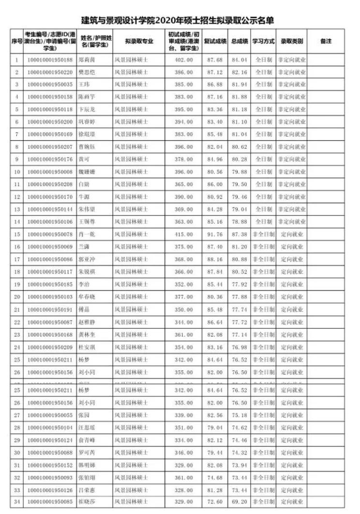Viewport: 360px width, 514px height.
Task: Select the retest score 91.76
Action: (214, 234)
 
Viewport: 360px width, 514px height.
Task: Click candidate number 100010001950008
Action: (50, 172)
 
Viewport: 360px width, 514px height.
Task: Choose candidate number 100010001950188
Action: (50, 60)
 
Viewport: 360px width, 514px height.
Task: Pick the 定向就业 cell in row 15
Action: (292, 234)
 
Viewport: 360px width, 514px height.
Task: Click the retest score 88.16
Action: (214, 259)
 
